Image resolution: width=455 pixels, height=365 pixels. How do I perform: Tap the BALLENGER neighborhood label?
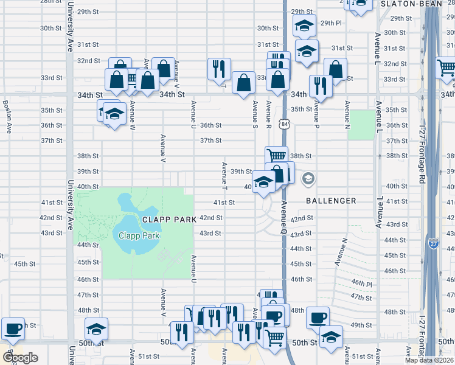pos(331,201)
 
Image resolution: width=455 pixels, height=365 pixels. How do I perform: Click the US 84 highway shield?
pos(284,124)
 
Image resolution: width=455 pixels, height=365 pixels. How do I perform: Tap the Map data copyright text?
pos(429,360)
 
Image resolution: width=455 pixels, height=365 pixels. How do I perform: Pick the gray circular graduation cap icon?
pos(308,178)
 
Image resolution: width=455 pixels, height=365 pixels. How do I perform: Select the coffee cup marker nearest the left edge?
pos(13,328)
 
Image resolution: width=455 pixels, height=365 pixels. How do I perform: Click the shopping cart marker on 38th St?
pos(276,157)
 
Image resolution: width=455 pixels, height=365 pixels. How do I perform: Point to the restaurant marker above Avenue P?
pos(319,86)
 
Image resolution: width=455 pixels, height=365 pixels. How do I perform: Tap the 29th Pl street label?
pos(332,23)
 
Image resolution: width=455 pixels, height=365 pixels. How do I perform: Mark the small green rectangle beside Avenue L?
pos(363,125)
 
